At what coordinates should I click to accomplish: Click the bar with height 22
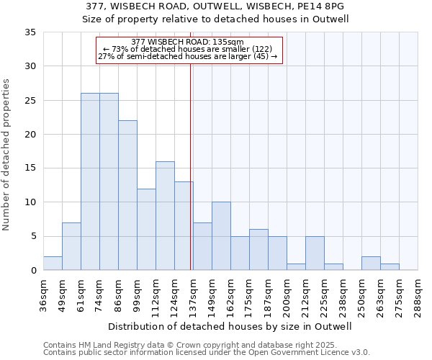[127, 195]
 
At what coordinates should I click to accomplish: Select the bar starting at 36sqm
[53, 264]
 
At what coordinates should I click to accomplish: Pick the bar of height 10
[221, 236]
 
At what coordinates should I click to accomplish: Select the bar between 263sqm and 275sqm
[390, 267]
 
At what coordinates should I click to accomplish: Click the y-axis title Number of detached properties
[7, 155]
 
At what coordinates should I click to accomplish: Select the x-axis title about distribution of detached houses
[230, 326]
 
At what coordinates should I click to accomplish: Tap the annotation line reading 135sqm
[189, 42]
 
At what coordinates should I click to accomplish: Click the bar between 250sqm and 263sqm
[371, 264]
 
